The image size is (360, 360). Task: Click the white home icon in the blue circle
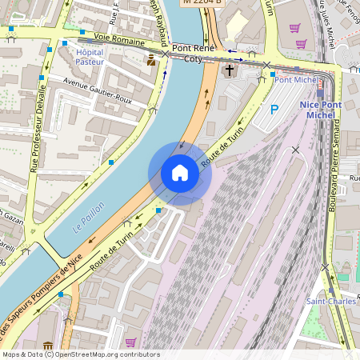click(180, 173)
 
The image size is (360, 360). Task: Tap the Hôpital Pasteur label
click(90, 57)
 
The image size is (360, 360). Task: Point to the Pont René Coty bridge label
click(194, 53)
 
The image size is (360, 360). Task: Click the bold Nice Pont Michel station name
click(320, 110)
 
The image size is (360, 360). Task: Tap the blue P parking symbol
click(274, 110)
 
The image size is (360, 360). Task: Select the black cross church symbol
click(230, 70)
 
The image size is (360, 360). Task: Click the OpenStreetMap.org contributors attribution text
click(104, 354)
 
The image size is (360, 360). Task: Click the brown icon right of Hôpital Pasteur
click(151, 60)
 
